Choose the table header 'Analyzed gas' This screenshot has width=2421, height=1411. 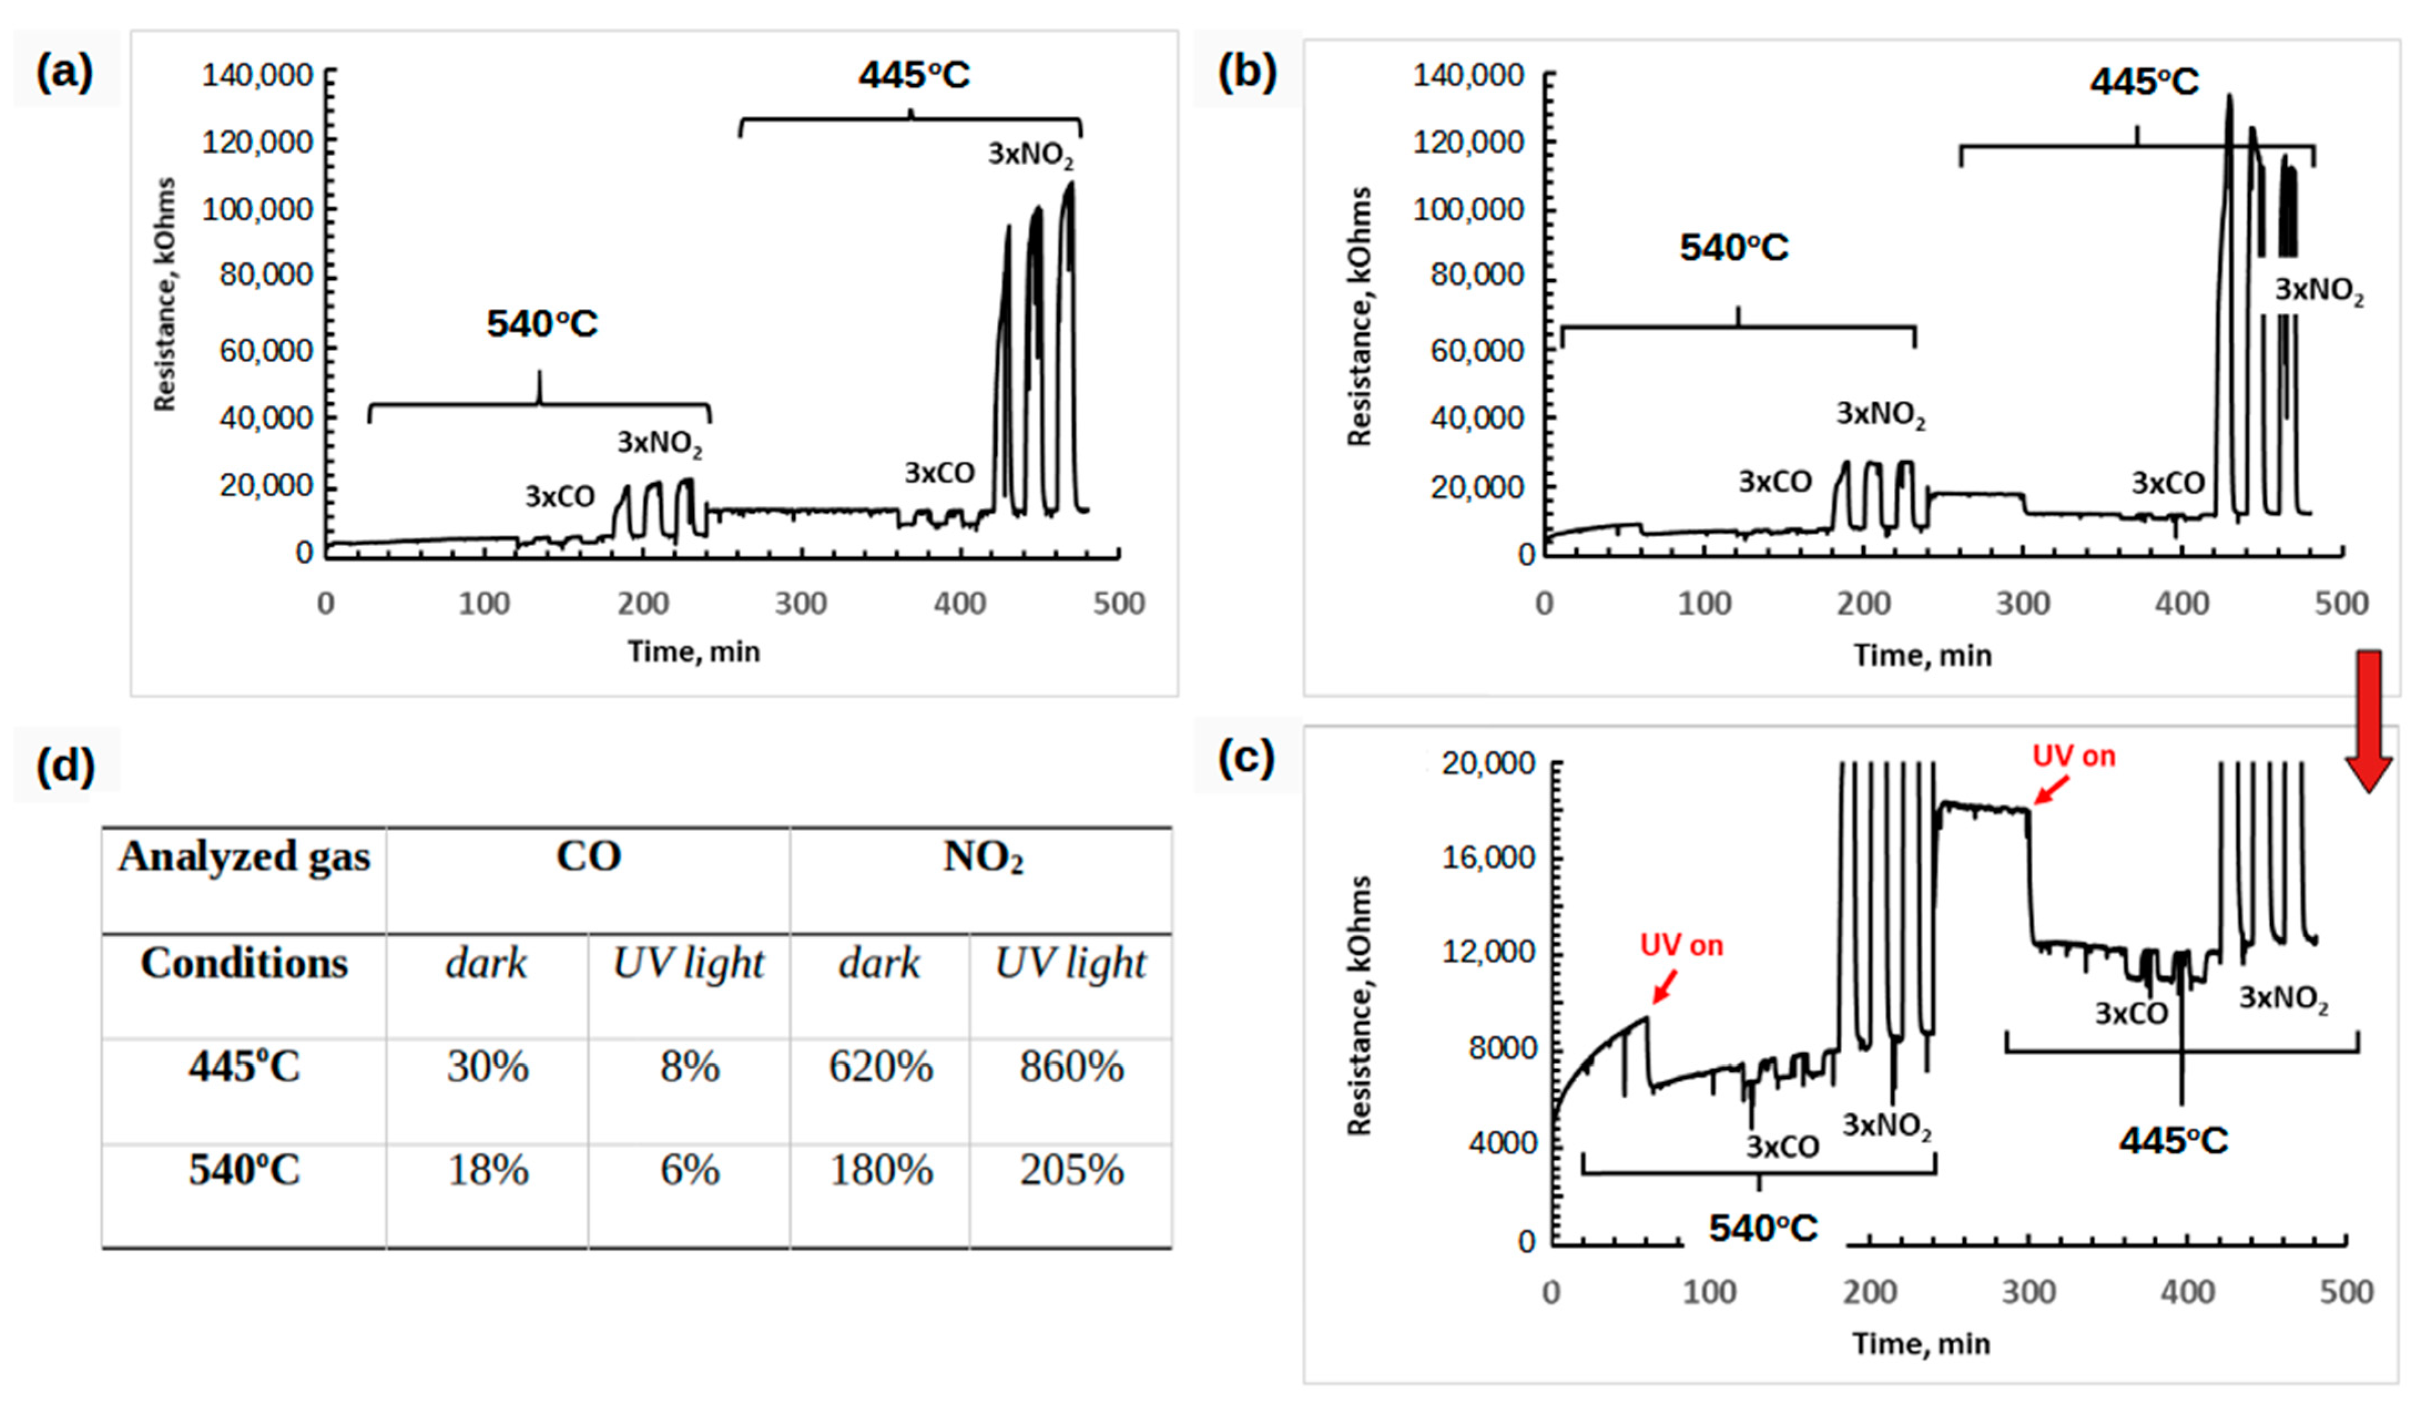pyautogui.click(x=244, y=856)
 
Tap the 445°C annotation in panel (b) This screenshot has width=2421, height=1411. pyautogui.click(x=2143, y=81)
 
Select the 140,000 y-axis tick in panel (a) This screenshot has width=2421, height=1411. pyautogui.click(x=257, y=75)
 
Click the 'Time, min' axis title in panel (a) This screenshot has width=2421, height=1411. pyautogui.click(x=694, y=652)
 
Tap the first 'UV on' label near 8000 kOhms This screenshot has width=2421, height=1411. pyautogui.click(x=1681, y=946)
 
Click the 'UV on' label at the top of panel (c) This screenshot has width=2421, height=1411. pyautogui.click(x=2073, y=757)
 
